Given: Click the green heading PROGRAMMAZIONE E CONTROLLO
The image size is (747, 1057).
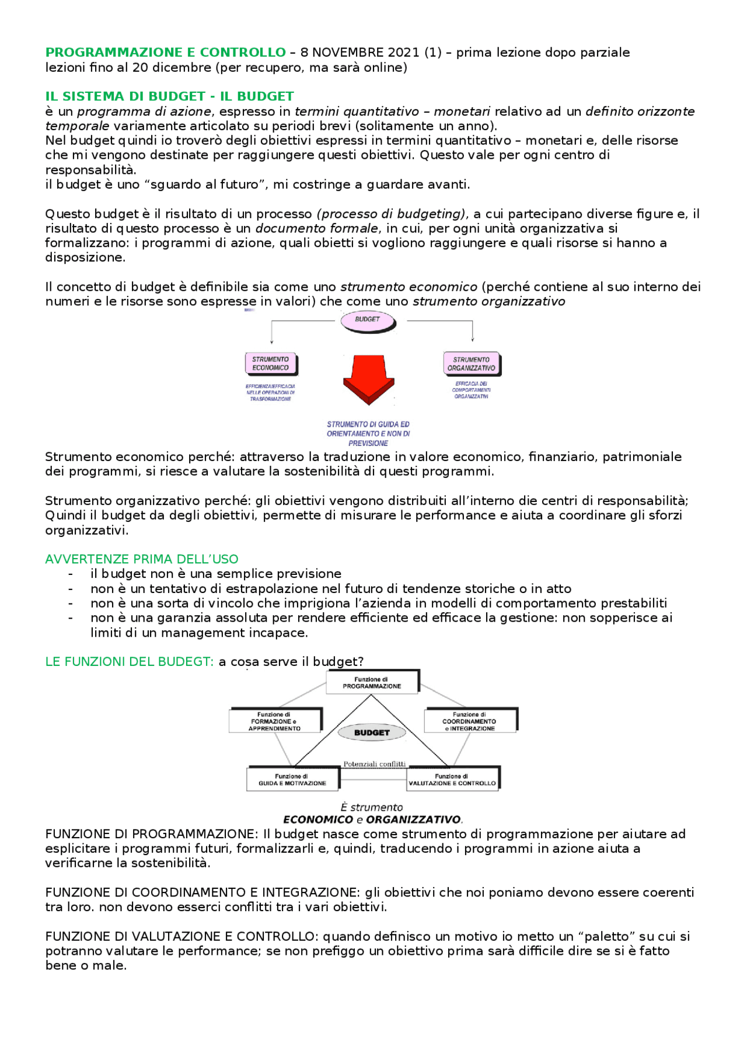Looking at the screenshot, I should (166, 53).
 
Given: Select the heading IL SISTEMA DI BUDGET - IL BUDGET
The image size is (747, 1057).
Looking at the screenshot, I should (169, 96).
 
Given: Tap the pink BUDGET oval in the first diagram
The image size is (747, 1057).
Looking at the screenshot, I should (368, 320).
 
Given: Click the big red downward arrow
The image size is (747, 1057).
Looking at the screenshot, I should (368, 379).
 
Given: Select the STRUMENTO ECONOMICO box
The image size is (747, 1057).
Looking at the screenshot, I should (270, 364).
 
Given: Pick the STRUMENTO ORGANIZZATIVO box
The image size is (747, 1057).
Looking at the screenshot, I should (471, 364).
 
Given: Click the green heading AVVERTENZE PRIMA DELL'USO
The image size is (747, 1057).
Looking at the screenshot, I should (142, 559).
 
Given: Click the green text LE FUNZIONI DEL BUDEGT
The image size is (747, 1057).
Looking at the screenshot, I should (130, 662).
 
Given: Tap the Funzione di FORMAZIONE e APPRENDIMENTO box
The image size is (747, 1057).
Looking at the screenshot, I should (275, 721).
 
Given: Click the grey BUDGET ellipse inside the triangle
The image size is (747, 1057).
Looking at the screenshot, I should (372, 733).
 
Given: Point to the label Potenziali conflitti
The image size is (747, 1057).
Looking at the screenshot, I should (374, 764).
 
